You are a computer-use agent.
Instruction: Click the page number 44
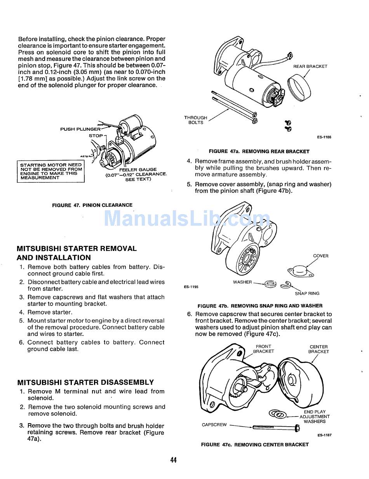click(x=173, y=460)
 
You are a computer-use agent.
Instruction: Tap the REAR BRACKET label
click(x=310, y=66)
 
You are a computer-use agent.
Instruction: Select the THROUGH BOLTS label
click(x=196, y=120)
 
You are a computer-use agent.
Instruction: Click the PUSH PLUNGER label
click(x=80, y=129)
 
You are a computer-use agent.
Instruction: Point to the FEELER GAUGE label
click(x=138, y=169)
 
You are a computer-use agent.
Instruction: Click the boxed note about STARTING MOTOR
click(x=51, y=171)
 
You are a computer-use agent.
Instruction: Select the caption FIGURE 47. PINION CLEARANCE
click(x=92, y=205)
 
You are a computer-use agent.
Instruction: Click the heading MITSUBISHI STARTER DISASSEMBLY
click(x=85, y=382)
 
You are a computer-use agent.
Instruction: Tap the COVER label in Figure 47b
click(x=320, y=256)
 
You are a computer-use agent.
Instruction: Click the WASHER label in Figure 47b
click(x=242, y=282)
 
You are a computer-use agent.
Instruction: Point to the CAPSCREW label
click(x=214, y=425)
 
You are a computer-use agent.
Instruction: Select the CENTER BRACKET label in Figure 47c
click(x=319, y=349)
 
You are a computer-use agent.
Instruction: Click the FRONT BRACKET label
click(x=263, y=349)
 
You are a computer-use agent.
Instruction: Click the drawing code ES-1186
click(x=324, y=137)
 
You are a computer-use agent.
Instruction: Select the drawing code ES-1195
click(x=191, y=287)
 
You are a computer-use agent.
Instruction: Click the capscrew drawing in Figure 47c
click(x=276, y=428)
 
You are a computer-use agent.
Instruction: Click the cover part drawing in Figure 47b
click(x=301, y=271)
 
